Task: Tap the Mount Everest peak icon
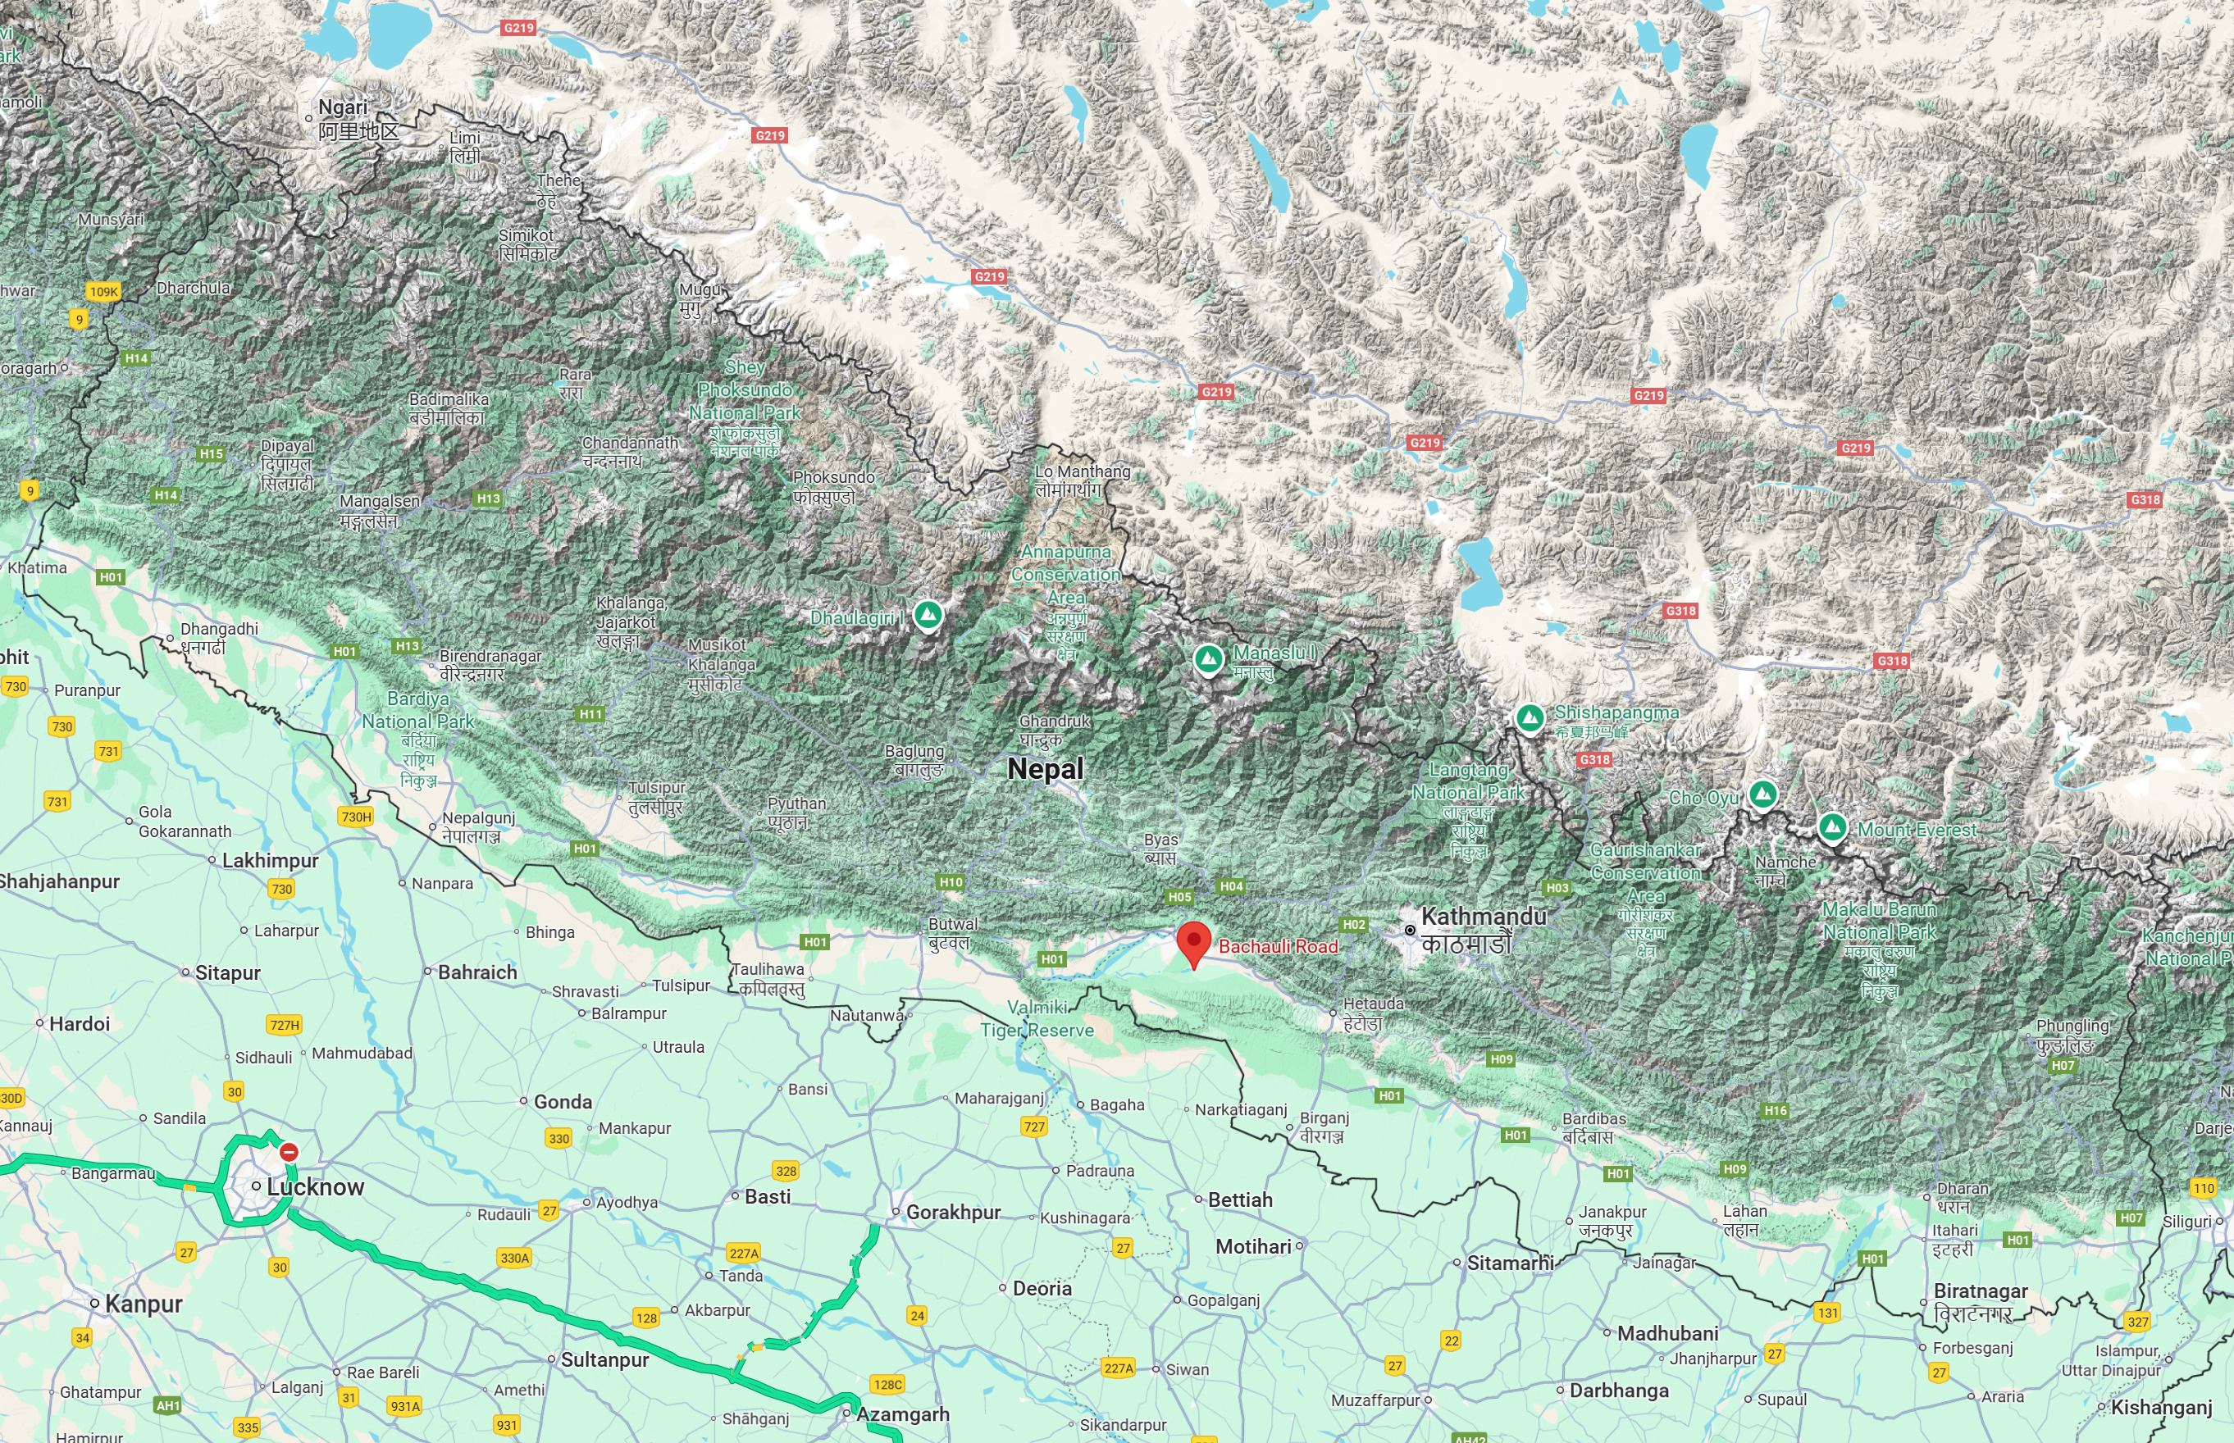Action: tap(1832, 827)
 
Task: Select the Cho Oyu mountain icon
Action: tap(1762, 794)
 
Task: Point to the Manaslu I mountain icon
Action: tap(1209, 658)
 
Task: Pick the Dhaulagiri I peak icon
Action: tap(928, 616)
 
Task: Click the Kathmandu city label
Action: tap(1484, 917)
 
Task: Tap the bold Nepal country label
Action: tap(1045, 769)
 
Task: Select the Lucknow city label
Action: tap(315, 1187)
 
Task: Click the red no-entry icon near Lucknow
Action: tap(289, 1152)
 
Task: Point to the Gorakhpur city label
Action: tap(953, 1213)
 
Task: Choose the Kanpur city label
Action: tap(144, 1304)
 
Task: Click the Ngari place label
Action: tap(343, 107)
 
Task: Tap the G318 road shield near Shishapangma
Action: tap(1594, 760)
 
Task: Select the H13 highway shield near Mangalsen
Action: tap(488, 498)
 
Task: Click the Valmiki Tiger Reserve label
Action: tap(1037, 1018)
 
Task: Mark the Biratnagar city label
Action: tap(1980, 1291)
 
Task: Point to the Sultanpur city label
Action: tap(604, 1359)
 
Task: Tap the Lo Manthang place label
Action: tap(1083, 472)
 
